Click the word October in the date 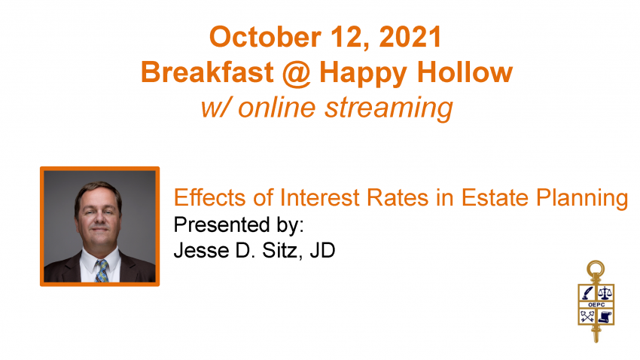[x=265, y=37]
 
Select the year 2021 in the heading [x=410, y=37]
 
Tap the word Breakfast [x=207, y=72]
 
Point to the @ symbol [x=297, y=74]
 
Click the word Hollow [x=465, y=72]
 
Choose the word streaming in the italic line [x=389, y=108]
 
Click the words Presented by [x=239, y=225]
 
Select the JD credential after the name [x=322, y=250]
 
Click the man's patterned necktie [x=102, y=270]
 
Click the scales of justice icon [x=605, y=293]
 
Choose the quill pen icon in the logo [x=587, y=293]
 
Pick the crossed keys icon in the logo [x=587, y=316]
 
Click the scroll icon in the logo [x=605, y=316]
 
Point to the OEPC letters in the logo [x=596, y=305]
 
